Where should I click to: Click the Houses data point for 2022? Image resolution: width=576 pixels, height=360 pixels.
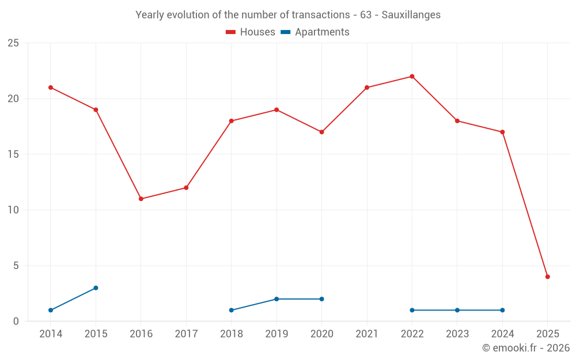[x=412, y=77]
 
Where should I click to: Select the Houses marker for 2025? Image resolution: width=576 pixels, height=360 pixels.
[x=547, y=276]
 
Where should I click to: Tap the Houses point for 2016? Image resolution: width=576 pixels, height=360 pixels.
[x=141, y=199]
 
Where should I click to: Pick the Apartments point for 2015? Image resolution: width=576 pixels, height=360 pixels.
[x=96, y=288]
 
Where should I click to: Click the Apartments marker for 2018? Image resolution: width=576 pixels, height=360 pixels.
[x=231, y=310]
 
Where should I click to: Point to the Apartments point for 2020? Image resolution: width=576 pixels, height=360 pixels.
[x=321, y=299]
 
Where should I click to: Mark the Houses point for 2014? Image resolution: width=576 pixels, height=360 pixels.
[x=51, y=88]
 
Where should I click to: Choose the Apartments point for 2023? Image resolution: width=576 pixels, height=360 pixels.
[x=457, y=310]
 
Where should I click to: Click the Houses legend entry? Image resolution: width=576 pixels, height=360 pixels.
[x=251, y=32]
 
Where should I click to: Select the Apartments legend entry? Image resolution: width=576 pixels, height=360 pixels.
[x=315, y=32]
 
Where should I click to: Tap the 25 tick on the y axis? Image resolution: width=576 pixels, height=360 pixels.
[x=13, y=43]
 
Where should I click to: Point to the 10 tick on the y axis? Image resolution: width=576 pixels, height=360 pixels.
[x=13, y=210]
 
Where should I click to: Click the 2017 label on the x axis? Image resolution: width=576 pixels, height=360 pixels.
[x=186, y=334]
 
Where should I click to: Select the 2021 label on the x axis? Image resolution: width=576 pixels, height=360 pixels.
[x=367, y=334]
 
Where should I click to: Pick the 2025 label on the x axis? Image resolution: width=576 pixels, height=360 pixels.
[x=547, y=334]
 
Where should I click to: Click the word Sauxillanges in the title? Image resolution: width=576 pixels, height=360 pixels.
[x=411, y=15]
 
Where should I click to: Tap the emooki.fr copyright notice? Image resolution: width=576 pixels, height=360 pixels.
[x=525, y=348]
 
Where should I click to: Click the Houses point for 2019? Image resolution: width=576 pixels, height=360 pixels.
[x=276, y=109]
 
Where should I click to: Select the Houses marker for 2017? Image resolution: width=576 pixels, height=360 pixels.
[x=186, y=188]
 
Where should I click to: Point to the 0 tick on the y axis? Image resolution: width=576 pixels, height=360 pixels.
[x=16, y=321]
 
